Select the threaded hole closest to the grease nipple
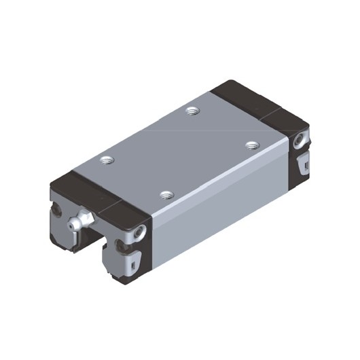[x=105, y=160]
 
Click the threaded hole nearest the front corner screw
[x=165, y=195]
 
